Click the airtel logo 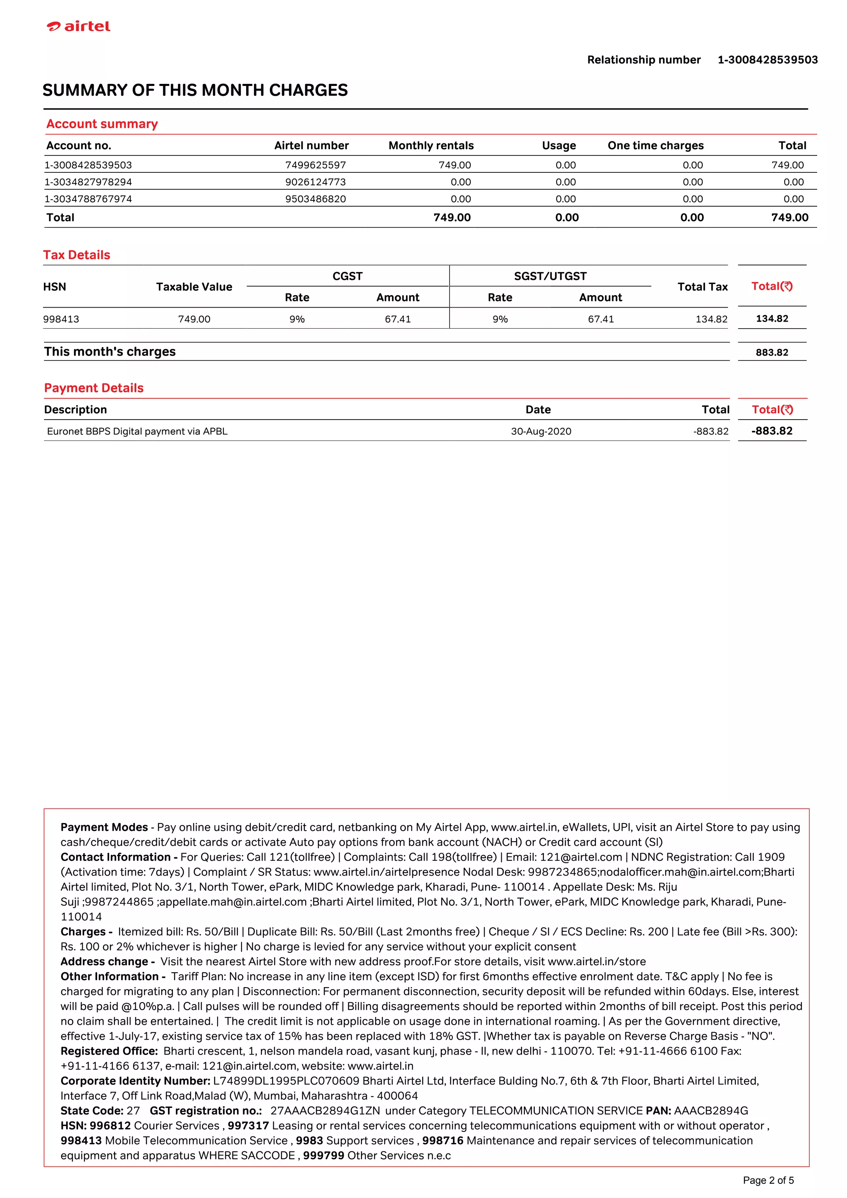point(79,26)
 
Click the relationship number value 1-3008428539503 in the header point(767,60)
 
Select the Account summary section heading point(102,124)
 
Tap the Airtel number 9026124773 point(315,181)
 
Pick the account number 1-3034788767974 point(88,199)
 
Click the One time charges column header point(655,146)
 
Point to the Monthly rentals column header point(431,146)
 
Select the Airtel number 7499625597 point(315,165)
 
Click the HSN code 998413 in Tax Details point(61,319)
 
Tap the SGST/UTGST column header point(550,276)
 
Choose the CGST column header point(347,276)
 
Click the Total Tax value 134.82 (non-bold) point(711,319)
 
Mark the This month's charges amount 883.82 point(771,352)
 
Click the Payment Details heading point(93,388)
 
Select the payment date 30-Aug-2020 point(541,431)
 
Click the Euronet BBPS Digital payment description point(137,431)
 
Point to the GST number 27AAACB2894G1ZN point(325,1110)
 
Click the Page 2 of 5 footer point(768,1180)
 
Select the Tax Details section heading point(77,255)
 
